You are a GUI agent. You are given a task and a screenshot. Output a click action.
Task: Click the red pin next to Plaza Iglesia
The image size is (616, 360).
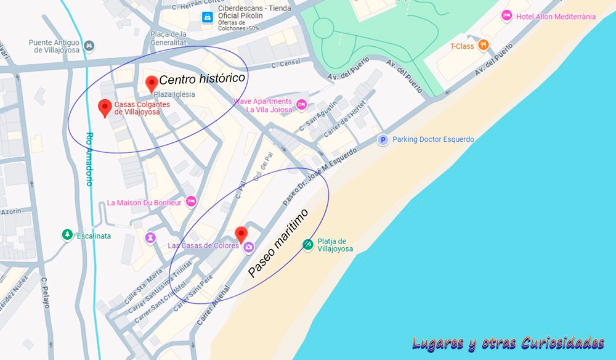pyautogui.click(x=151, y=83)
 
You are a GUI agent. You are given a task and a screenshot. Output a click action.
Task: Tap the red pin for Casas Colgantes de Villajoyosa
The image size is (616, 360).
pyautogui.click(x=105, y=107)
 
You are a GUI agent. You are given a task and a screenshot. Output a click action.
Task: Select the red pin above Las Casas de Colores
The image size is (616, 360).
pyautogui.click(x=241, y=234)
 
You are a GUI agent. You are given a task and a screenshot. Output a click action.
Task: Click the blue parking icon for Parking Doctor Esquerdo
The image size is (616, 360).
pyautogui.click(x=383, y=140)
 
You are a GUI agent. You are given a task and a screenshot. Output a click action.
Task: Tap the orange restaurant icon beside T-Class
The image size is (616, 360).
pyautogui.click(x=484, y=45)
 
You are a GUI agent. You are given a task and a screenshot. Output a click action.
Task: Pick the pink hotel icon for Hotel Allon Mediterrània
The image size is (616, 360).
pyautogui.click(x=506, y=16)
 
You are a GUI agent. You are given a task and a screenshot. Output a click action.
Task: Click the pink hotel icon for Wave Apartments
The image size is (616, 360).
pyautogui.click(x=301, y=105)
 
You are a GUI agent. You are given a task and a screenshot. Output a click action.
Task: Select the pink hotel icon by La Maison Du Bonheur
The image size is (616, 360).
pyautogui.click(x=191, y=202)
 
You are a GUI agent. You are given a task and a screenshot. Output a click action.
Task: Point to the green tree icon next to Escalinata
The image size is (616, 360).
pyautogui.click(x=67, y=235)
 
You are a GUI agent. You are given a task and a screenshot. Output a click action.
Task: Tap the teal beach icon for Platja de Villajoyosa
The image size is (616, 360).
pyautogui.click(x=308, y=245)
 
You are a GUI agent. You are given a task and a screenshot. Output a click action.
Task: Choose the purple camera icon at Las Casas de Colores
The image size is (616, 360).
pyautogui.click(x=248, y=247)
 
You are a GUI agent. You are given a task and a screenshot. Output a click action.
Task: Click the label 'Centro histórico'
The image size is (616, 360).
pyautogui.click(x=202, y=80)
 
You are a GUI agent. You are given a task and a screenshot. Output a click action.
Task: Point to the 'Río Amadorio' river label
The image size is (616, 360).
pyautogui.click(x=89, y=159)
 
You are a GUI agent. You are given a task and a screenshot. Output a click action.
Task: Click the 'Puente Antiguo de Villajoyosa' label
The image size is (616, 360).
pyautogui.click(x=55, y=46)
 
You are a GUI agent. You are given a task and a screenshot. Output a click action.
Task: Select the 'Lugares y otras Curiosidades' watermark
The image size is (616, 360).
pyautogui.click(x=508, y=343)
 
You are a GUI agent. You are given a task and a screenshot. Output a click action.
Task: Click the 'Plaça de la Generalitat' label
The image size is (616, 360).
pyautogui.click(x=168, y=38)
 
